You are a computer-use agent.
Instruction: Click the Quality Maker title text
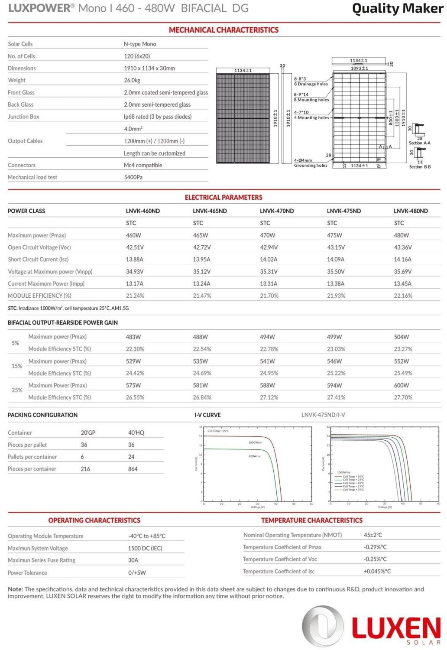397,9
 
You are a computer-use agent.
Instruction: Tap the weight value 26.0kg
132,80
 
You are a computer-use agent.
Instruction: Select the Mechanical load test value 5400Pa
133,177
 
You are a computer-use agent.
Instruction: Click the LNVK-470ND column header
277,211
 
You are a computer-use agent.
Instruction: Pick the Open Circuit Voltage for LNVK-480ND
402,247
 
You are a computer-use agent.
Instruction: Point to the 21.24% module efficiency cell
135,296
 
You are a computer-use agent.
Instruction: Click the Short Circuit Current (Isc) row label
38,260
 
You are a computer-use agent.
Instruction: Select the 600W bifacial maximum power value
401,385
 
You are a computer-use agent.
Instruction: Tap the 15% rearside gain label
17,366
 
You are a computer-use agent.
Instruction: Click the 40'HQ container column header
136,432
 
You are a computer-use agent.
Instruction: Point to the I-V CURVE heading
207,415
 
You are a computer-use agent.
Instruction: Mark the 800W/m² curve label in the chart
255,456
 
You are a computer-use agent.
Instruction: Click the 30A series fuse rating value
133,560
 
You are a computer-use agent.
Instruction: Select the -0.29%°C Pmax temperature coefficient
375,547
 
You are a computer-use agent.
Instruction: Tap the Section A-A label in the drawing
419,143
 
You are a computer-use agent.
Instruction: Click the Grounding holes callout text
311,166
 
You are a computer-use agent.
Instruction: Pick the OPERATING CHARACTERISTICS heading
94,520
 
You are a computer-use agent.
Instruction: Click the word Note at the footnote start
15,589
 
